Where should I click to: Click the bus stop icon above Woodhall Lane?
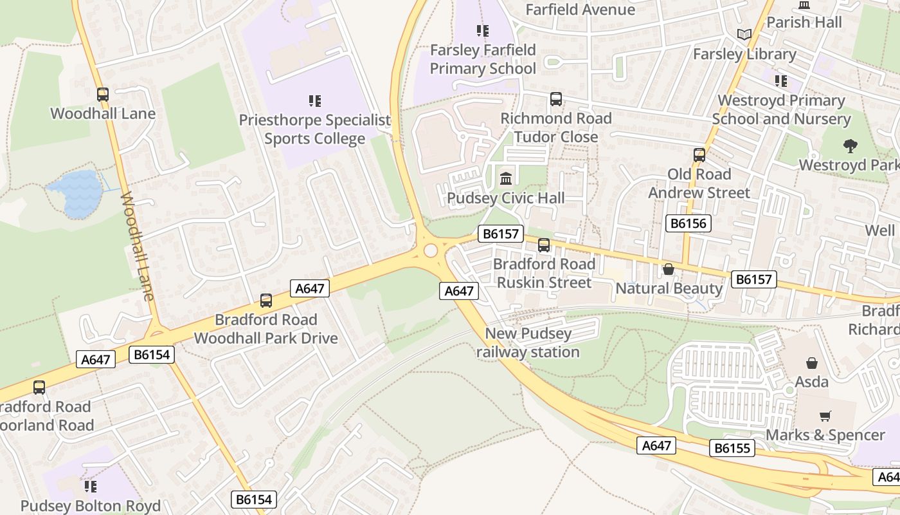(102, 95)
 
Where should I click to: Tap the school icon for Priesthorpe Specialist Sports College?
(314, 100)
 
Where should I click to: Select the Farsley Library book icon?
(744, 34)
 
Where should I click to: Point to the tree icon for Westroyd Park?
(851, 146)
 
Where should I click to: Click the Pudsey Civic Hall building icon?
(506, 178)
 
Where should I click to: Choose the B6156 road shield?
(688, 223)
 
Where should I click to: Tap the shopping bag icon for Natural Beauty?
(669, 269)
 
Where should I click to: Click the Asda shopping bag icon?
(812, 363)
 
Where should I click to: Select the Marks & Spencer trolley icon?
(825, 417)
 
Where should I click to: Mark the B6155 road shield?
(732, 448)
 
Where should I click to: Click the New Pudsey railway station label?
(528, 342)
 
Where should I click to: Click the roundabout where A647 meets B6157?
(430, 250)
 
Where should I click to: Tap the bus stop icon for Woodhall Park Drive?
(265, 301)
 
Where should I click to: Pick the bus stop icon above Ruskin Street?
(544, 245)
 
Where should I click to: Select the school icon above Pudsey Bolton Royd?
(91, 486)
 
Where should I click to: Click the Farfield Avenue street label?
(580, 10)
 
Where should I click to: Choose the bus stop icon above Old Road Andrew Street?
(699, 155)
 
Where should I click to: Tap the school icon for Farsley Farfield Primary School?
(482, 30)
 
